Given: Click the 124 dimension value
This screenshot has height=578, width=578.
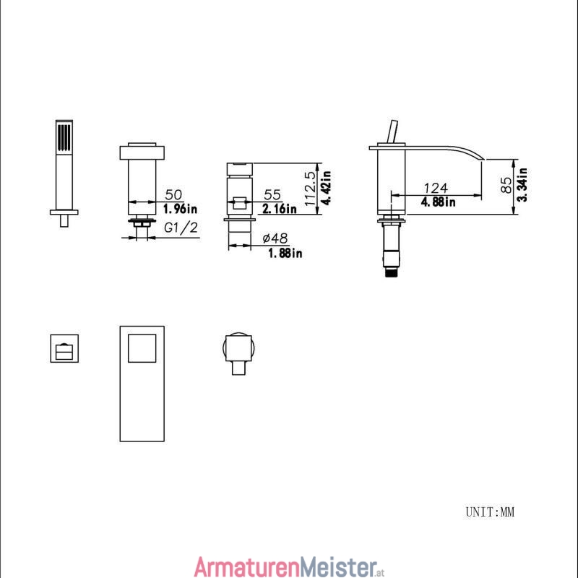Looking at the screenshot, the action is pos(436,188).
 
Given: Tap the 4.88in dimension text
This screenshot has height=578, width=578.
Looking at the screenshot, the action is pos(439,202).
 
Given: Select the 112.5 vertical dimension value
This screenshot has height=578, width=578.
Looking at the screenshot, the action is pos(311,189).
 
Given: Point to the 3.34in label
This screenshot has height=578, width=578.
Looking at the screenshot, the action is pos(522,185).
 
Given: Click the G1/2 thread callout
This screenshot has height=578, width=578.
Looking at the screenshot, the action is pos(181,228).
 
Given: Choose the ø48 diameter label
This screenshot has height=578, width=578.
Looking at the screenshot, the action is pos(275,238).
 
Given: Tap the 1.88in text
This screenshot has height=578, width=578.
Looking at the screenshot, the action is pos(285,254).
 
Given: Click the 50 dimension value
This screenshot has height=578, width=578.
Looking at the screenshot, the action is pos(173,194).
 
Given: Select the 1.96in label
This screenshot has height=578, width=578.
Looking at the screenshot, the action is pos(180,209).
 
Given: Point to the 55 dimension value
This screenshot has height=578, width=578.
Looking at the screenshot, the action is pos(272,194).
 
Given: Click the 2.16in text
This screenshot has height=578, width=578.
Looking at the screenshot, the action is pos(280,209).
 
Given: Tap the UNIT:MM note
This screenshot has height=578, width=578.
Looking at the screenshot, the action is pos(490,512).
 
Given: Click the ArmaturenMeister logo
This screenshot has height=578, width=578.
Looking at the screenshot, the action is pos(290,566).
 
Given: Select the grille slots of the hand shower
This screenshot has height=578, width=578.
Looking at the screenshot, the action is pos(64,137).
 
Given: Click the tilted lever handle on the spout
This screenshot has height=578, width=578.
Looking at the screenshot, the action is pos(392,131).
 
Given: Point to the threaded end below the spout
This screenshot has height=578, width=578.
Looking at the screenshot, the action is pos(392,272).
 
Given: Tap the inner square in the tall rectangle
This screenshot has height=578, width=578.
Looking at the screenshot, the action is pos(142,348).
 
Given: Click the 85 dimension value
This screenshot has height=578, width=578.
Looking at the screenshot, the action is pos(507,185).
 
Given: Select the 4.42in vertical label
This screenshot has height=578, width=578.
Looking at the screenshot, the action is pos(326,187).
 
